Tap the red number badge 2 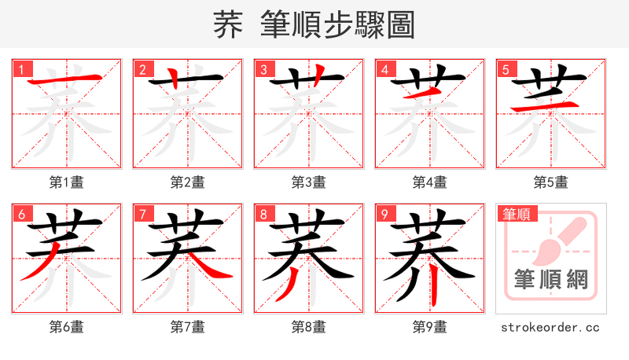point(142,69)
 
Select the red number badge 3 point(263,69)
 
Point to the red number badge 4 point(384,69)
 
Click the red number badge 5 point(505,69)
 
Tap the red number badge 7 point(142,214)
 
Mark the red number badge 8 point(263,214)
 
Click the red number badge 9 point(384,214)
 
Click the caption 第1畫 point(66,182)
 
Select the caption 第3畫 point(308,182)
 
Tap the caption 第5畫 point(550,182)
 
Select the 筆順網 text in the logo point(550,280)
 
